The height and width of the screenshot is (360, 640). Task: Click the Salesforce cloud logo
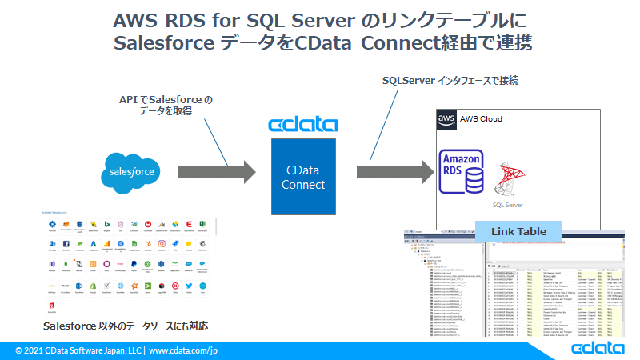[134, 171]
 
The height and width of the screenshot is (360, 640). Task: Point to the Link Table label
[518, 232]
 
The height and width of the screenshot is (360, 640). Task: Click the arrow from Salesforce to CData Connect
[218, 172]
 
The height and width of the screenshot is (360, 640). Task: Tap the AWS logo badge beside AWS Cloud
[446, 119]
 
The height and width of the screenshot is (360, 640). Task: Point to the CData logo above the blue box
[303, 125]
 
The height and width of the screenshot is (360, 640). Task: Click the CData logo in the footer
[598, 350]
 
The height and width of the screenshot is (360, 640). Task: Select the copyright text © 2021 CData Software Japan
[78, 350]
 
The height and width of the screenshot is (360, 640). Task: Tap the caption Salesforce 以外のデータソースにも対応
[127, 326]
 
